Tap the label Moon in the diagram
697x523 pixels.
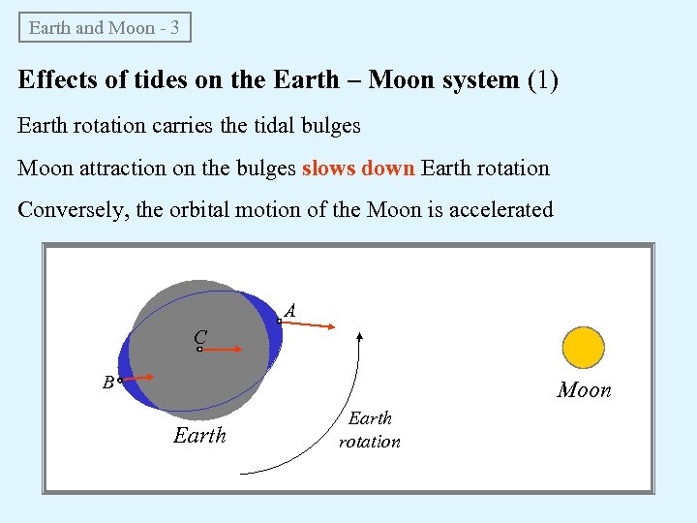tap(584, 390)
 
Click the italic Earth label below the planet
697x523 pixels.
tap(199, 436)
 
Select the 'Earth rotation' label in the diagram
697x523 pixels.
tap(369, 430)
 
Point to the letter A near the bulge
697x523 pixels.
tap(289, 310)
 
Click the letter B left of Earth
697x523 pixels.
tap(108, 382)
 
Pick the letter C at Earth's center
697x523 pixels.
tap(199, 337)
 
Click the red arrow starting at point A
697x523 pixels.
tap(308, 324)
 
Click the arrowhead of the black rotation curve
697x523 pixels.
tap(360, 337)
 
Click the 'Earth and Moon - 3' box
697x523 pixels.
tap(105, 27)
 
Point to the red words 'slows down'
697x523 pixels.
tap(358, 168)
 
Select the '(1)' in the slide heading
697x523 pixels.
tap(542, 79)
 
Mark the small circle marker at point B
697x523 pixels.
tap(120, 382)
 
